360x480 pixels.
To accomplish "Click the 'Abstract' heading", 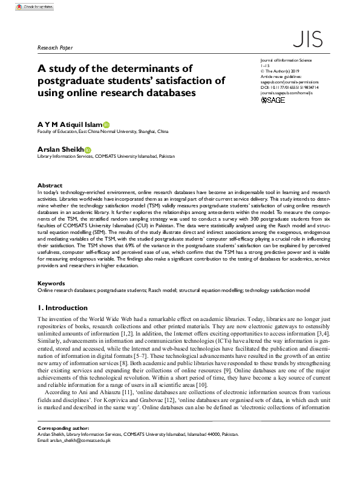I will tap(50, 185).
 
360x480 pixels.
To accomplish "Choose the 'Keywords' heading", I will tap(51, 283).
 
